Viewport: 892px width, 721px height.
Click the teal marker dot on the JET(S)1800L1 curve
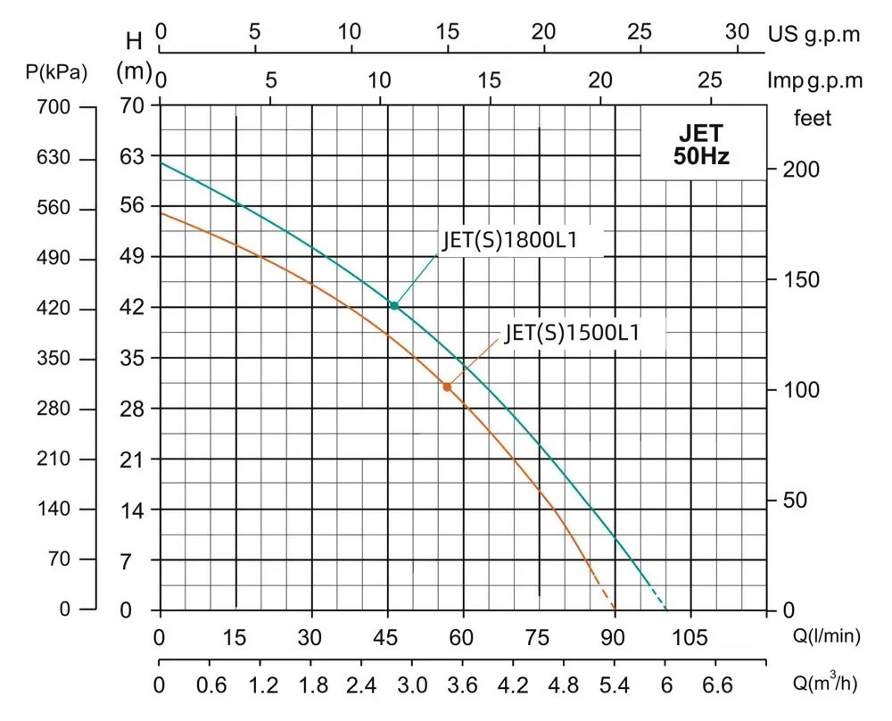click(x=393, y=305)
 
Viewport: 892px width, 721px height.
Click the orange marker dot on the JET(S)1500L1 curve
click(x=447, y=386)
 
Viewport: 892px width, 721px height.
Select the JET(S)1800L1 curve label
click(x=511, y=241)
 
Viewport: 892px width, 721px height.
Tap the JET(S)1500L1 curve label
click(x=573, y=333)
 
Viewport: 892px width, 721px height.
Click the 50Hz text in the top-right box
click(x=701, y=157)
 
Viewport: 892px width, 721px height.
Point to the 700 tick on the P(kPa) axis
click(x=52, y=107)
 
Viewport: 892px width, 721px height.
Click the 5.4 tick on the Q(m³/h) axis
click(x=614, y=685)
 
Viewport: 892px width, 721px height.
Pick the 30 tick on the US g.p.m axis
click(x=737, y=31)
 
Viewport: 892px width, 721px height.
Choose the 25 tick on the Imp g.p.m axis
click(x=710, y=80)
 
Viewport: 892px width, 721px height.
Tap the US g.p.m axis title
click(x=814, y=34)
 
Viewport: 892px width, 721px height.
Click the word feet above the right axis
click(x=812, y=118)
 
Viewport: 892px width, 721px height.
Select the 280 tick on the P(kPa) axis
click(x=52, y=409)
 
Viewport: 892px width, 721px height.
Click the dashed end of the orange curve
click(x=605, y=593)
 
